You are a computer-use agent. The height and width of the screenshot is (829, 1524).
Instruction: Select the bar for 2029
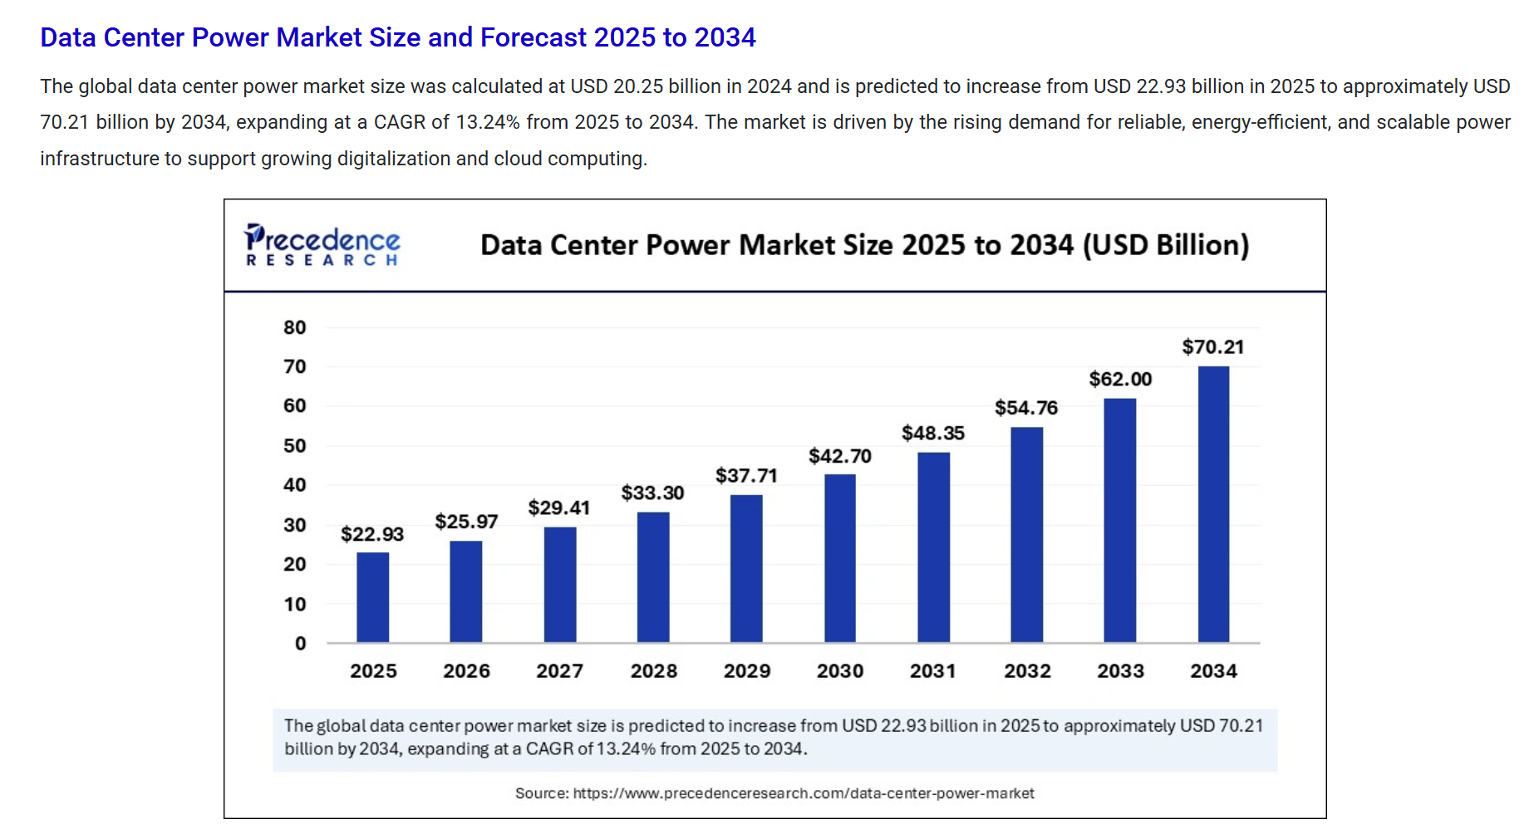[x=746, y=568]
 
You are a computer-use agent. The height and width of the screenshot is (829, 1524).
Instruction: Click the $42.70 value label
[x=839, y=456]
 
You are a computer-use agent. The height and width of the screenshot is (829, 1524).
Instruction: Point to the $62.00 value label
[x=1120, y=380]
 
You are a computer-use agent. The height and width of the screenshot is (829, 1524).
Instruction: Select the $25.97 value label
[x=466, y=522]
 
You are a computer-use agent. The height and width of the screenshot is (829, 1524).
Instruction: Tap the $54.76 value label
[x=1026, y=408]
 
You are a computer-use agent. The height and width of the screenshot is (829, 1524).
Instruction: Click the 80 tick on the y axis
[x=295, y=327]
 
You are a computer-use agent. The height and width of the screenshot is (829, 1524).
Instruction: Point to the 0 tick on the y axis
[x=300, y=643]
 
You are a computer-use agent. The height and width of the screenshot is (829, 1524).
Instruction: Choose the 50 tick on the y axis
[x=295, y=446]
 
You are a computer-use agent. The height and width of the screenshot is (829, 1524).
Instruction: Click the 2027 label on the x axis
[x=559, y=671]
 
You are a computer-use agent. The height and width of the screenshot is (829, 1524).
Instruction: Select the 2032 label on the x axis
[x=1027, y=671]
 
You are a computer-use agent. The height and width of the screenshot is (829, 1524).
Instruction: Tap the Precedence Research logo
[x=322, y=245]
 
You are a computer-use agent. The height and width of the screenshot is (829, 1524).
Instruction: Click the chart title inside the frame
[x=864, y=245]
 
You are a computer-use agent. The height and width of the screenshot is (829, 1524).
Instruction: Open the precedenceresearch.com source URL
[x=803, y=793]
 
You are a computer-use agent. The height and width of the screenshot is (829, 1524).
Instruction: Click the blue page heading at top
[x=397, y=37]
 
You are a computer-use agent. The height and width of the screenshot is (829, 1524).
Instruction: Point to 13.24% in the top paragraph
[x=488, y=122]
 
